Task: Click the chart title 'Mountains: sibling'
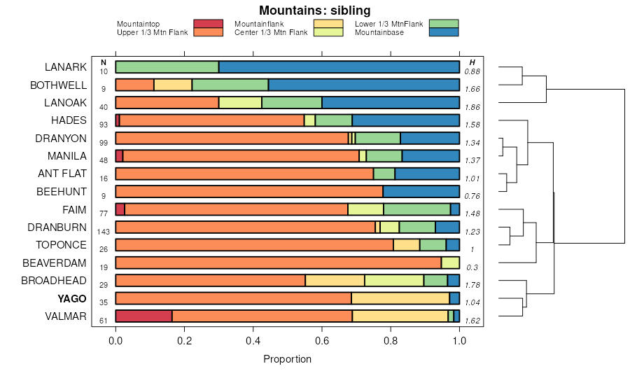tap(314, 10)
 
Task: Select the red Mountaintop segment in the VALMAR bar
tap(143, 316)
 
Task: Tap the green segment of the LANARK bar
tap(167, 67)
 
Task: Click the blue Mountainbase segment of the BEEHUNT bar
tap(421, 192)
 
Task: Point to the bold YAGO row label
tap(72, 298)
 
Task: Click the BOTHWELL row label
tap(59, 85)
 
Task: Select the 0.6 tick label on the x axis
tap(321, 341)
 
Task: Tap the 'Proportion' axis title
tap(287, 359)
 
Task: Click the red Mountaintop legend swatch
tap(209, 24)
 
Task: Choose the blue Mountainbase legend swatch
tap(444, 32)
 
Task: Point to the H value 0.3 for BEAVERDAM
tap(472, 267)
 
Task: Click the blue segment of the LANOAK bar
tap(391, 103)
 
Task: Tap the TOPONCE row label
tap(62, 245)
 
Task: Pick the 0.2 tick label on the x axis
tap(184, 341)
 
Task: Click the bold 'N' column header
tap(104, 63)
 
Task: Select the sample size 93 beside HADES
tap(104, 125)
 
